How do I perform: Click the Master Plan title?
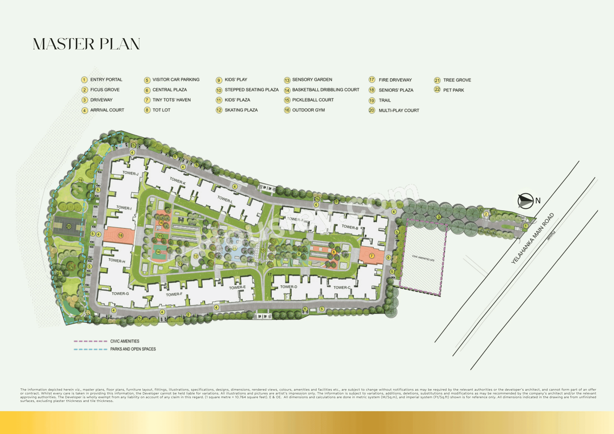[86, 44]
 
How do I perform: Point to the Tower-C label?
[342, 287]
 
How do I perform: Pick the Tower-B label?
[350, 227]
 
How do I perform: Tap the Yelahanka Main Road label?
[532, 238]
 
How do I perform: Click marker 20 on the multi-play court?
[69, 227]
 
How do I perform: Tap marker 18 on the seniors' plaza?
[121, 235]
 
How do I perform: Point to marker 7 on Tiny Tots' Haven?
[371, 256]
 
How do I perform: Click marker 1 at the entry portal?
[525, 226]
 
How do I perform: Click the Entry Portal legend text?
[106, 80]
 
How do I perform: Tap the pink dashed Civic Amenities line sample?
[90, 341]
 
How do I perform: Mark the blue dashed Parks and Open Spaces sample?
[90, 349]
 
